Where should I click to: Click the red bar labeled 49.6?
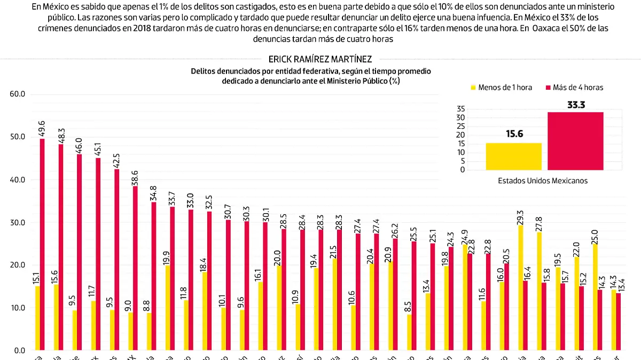tap(42, 244)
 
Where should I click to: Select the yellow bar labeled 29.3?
tap(520, 288)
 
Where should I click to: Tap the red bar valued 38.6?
tap(135, 268)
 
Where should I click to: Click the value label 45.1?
tap(98, 146)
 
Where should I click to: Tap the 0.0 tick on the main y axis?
tap(20, 350)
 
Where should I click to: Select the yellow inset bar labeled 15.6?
tap(513, 156)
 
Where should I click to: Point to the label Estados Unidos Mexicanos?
tap(542, 181)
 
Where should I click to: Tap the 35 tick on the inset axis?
tap(461, 109)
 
